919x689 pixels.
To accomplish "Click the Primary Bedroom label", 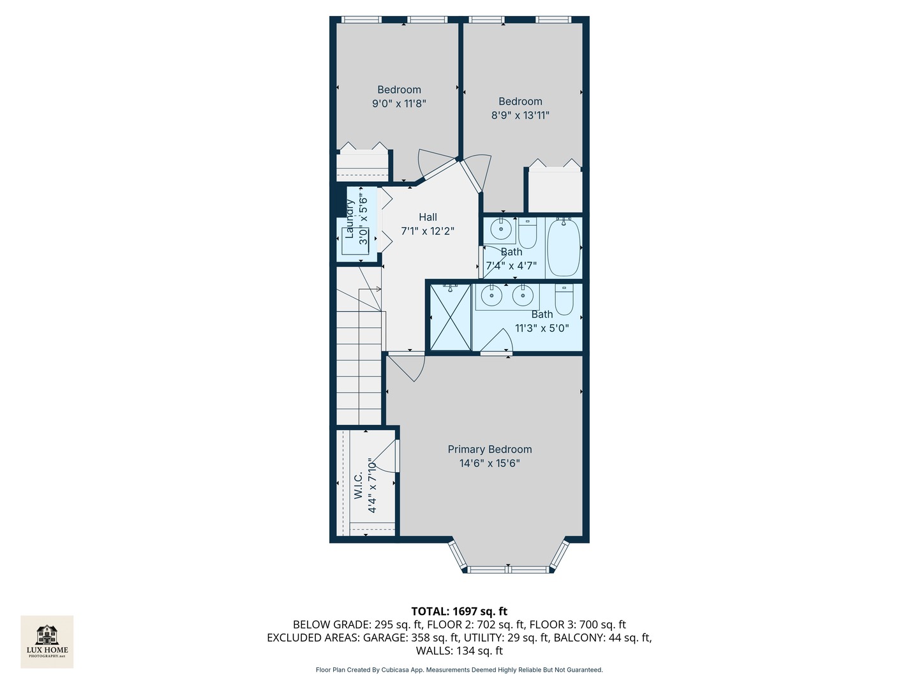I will tap(489, 449).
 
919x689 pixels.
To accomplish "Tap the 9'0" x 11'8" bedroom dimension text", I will tap(399, 103).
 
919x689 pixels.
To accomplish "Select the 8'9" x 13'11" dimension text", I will tap(520, 115).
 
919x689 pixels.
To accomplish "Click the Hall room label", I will tap(428, 217).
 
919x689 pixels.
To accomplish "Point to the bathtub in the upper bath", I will tap(564, 247).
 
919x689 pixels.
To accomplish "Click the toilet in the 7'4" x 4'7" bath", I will tap(527, 233).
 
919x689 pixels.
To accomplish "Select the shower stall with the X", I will tap(450, 317).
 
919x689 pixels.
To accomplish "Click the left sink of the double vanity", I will tap(491, 295).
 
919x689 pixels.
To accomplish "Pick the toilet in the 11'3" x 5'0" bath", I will tap(564, 299).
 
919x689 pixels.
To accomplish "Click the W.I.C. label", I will tap(358, 485).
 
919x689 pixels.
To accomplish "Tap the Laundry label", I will tap(350, 219).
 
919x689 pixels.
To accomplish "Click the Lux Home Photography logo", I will tap(47, 641).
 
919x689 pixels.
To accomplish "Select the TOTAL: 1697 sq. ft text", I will tap(459, 611).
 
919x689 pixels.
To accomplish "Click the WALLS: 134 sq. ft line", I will tap(459, 651).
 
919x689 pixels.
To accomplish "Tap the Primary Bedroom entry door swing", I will tap(408, 367).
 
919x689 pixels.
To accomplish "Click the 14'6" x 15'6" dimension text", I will tap(489, 463).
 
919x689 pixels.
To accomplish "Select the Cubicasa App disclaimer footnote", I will tap(459, 670).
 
